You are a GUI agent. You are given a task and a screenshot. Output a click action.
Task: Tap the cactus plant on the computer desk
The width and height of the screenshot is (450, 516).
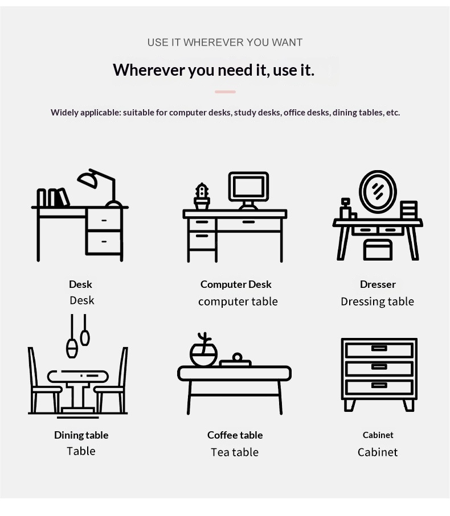tap(202, 196)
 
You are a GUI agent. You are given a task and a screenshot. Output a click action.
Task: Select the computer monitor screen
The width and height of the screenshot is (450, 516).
tap(249, 187)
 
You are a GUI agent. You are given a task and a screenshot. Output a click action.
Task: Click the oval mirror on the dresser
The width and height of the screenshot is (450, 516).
tap(378, 192)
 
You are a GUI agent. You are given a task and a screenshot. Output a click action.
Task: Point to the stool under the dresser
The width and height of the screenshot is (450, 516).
tap(378, 250)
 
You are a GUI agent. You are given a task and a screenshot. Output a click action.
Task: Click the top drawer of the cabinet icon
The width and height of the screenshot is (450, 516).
tap(379, 350)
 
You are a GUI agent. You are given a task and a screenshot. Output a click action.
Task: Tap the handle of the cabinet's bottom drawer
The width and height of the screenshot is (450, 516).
tap(379, 385)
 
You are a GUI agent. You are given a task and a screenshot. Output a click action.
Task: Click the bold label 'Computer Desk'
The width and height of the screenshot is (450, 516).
tap(236, 284)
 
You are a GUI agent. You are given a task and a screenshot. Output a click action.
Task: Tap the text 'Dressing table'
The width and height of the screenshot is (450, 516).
tap(378, 302)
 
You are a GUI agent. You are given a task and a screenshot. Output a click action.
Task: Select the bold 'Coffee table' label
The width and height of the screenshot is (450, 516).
tap(235, 435)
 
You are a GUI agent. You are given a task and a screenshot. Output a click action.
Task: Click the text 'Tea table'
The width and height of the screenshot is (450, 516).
tap(235, 452)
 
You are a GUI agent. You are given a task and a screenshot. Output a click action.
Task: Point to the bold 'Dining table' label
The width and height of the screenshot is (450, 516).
tap(81, 435)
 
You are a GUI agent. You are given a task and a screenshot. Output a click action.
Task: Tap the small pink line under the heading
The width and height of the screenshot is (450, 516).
tap(226, 92)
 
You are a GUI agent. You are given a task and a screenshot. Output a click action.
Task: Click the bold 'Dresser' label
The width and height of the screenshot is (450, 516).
tap(378, 284)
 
